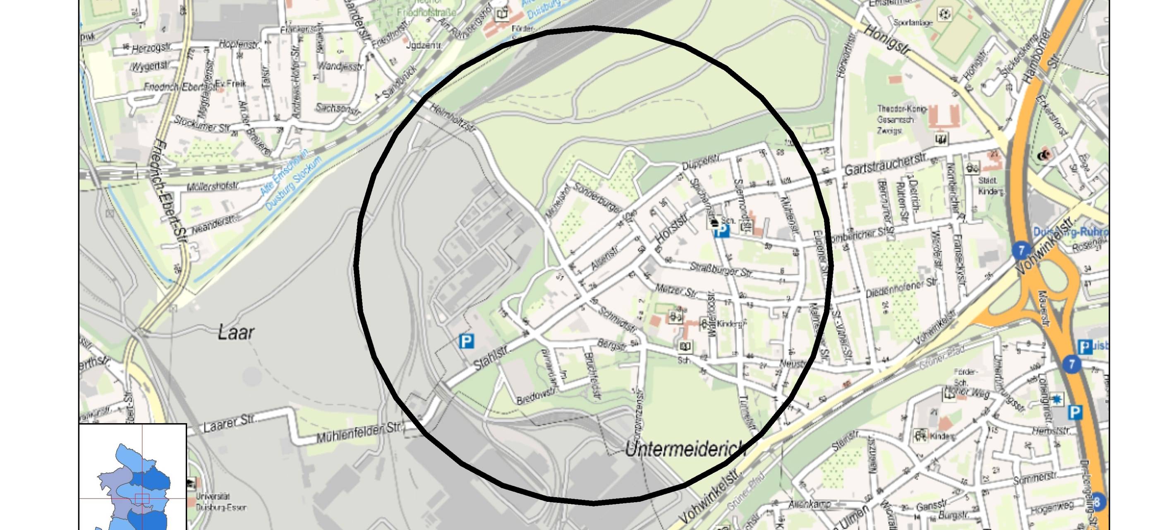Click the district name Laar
click(235, 332)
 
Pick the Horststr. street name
click(671, 230)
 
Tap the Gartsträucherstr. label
click(885, 164)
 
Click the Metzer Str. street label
click(675, 290)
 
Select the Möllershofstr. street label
click(213, 186)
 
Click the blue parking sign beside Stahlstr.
click(466, 341)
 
